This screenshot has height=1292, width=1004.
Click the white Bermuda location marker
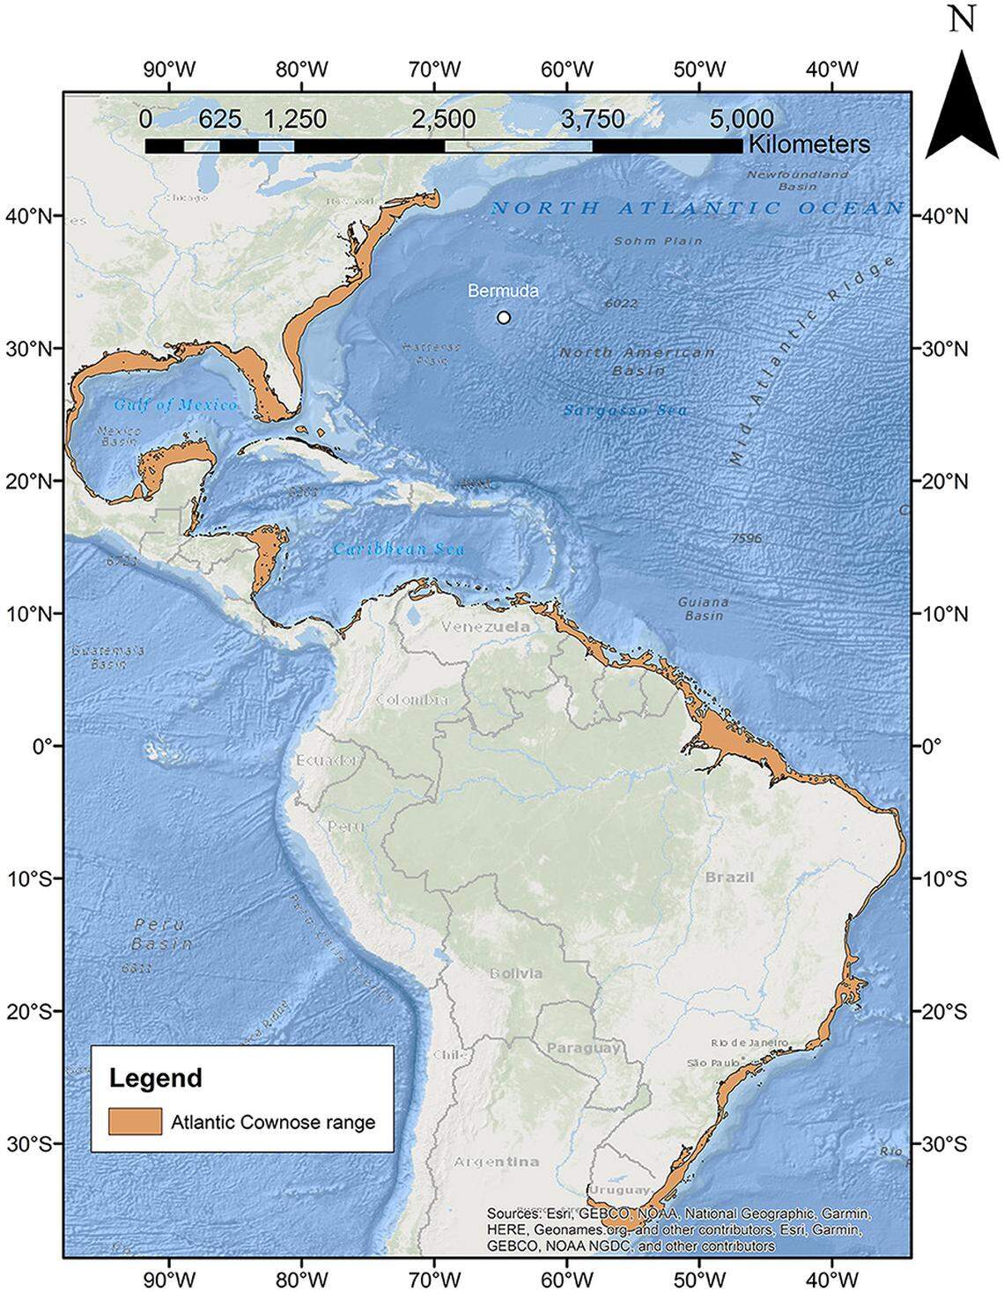504,317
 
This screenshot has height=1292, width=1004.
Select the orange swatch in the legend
135,1121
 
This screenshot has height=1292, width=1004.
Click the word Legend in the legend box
156,1077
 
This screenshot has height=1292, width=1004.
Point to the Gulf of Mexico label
175,405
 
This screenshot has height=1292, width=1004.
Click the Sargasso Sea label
626,410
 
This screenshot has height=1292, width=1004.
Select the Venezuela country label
486,626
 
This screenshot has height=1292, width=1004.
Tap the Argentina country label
496,1162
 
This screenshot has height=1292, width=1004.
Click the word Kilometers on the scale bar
808,144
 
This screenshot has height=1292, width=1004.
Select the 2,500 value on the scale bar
444,119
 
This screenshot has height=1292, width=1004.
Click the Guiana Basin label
703,609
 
